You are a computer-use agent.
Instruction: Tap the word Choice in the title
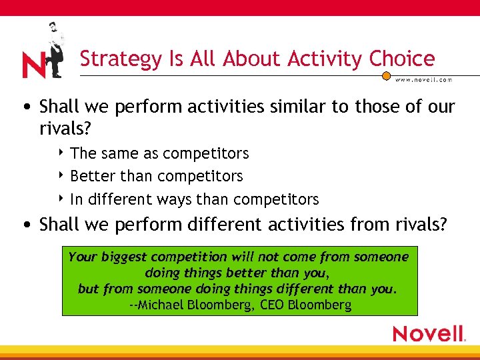coord(402,59)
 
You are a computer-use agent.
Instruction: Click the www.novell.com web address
coord(423,79)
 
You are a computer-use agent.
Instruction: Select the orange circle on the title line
coord(386,76)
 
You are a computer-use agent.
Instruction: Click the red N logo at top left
coord(33,65)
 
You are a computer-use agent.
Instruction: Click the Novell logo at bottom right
coord(429,333)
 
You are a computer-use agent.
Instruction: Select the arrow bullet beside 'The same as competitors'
coord(61,153)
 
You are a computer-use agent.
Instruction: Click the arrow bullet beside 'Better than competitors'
coord(61,176)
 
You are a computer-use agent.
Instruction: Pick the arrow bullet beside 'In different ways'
coord(61,199)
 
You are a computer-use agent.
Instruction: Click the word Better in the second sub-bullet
coord(91,176)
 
